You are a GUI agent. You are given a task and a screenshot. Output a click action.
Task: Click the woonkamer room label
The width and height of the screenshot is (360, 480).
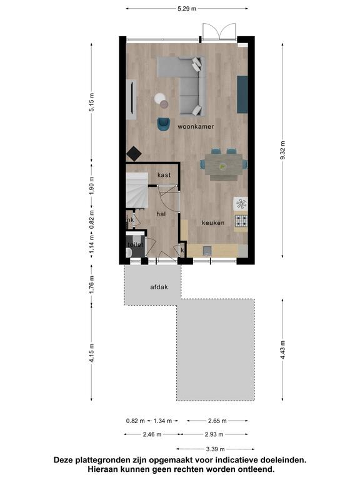pos(196,126)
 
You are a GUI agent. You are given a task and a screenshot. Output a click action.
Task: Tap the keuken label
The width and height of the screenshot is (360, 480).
pos(213,223)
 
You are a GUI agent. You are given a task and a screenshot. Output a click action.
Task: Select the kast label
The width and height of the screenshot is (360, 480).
pos(164,175)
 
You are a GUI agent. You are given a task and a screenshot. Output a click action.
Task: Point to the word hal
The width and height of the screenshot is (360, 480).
pos(161,214)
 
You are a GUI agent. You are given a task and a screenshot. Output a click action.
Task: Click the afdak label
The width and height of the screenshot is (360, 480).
pos(159,287)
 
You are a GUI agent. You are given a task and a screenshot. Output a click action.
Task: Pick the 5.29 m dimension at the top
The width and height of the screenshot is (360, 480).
pos(187,9)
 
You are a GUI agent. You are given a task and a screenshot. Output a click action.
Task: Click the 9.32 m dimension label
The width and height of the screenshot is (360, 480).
pos(283,150)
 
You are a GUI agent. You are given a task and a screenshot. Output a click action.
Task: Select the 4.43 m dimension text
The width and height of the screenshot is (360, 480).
pos(283,349)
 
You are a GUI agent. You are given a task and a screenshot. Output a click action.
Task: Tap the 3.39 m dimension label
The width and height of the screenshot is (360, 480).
pos(215,449)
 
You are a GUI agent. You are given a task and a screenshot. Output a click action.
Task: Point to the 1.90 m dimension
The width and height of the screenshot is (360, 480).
pos(92,185)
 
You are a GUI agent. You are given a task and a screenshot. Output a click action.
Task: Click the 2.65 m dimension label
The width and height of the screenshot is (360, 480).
pos(217,421)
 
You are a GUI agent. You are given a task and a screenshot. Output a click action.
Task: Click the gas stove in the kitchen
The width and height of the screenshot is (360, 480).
pos(241,221)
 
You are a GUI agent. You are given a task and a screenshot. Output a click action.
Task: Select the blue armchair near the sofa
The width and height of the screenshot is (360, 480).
pos(164,124)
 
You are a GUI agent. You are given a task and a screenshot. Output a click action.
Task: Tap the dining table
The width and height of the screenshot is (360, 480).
pos(224,164)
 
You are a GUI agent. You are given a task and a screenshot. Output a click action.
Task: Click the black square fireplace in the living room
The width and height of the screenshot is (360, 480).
pos(134,153)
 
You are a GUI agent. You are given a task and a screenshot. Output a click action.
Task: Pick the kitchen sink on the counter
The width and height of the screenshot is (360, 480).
pos(207,251)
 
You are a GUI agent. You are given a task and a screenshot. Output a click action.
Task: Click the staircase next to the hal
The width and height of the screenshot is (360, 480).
pos(137,191)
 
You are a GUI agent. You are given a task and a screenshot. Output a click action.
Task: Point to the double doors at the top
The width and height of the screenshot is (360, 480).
pos(219,32)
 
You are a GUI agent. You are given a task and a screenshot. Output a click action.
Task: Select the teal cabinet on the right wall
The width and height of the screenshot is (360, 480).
pos(242,94)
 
